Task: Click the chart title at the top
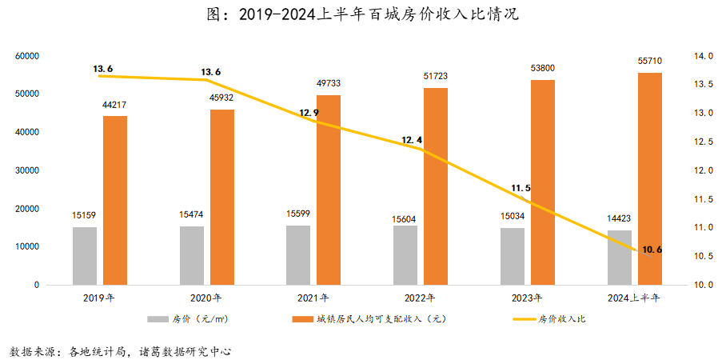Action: [363, 15]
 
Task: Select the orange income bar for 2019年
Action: [115, 200]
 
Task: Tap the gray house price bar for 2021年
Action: [298, 254]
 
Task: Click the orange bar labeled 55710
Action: [649, 178]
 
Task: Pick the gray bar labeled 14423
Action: [619, 257]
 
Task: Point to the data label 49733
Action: [329, 83]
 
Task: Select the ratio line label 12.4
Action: [412, 140]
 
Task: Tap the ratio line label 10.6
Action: [652, 250]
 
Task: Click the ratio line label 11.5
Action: [521, 189]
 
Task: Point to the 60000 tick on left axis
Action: [26, 56]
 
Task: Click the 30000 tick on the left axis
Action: [26, 170]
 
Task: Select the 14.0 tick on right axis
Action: [704, 56]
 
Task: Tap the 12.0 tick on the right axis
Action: [704, 170]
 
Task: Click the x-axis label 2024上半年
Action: [632, 298]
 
